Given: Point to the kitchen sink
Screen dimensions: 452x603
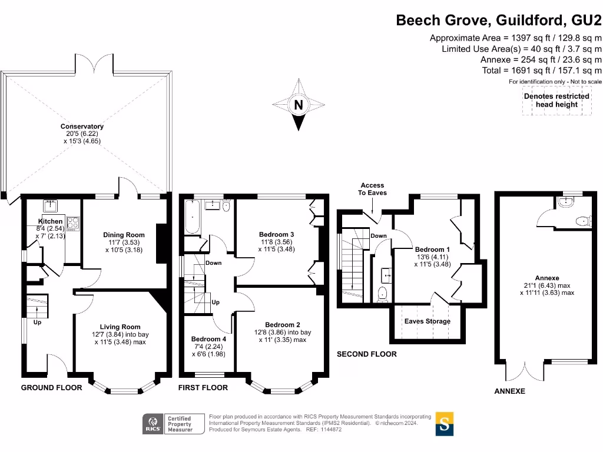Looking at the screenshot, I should (x=49, y=207).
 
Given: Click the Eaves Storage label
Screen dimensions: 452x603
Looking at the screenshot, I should (x=427, y=321).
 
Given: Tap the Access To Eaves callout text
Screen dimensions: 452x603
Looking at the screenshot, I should (x=372, y=189).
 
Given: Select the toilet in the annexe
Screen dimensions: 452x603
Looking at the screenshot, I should (x=582, y=221).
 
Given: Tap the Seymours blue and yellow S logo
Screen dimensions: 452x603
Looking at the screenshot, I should (x=445, y=424).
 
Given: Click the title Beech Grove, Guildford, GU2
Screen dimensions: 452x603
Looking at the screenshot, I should (x=498, y=21).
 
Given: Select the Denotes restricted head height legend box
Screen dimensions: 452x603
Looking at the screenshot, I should (x=556, y=100).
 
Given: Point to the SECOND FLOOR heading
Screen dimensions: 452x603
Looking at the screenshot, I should (x=366, y=354).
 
